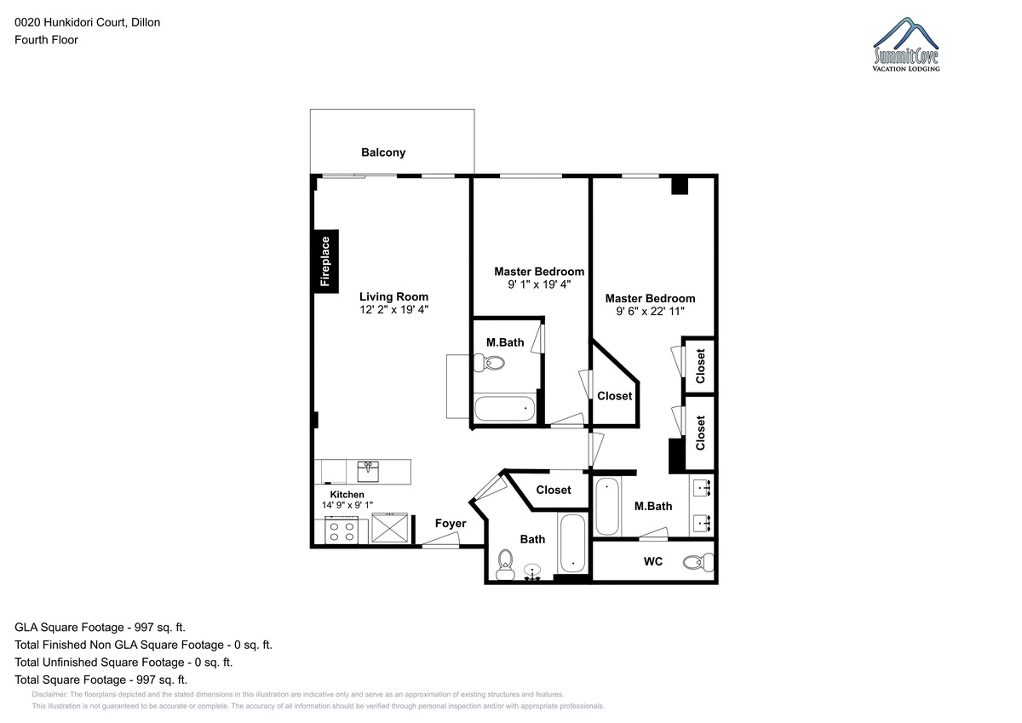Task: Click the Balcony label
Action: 383,152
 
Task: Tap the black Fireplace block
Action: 325,261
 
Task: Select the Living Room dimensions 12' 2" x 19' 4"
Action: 393,310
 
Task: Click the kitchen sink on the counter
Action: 368,471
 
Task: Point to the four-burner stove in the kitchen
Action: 342,530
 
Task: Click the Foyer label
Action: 451,523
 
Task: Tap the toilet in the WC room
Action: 698,561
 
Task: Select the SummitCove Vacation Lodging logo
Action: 906,44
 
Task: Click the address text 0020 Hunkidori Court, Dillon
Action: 88,22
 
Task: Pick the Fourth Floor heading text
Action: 46,40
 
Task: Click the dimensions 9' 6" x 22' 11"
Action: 650,311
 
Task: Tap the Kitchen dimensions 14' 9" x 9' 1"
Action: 347,505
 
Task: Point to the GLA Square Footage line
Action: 100,628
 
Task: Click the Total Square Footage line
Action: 100,680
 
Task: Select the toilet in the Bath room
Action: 505,565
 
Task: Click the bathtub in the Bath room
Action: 572,543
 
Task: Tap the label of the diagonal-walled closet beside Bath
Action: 554,490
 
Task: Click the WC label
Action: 653,561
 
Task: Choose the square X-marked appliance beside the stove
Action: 390,528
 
